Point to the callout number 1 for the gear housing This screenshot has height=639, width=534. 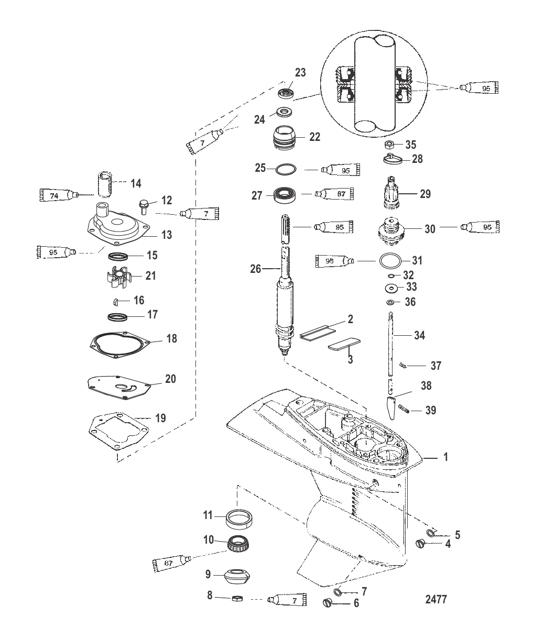point(445,457)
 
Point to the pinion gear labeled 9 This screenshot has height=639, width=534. point(235,574)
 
